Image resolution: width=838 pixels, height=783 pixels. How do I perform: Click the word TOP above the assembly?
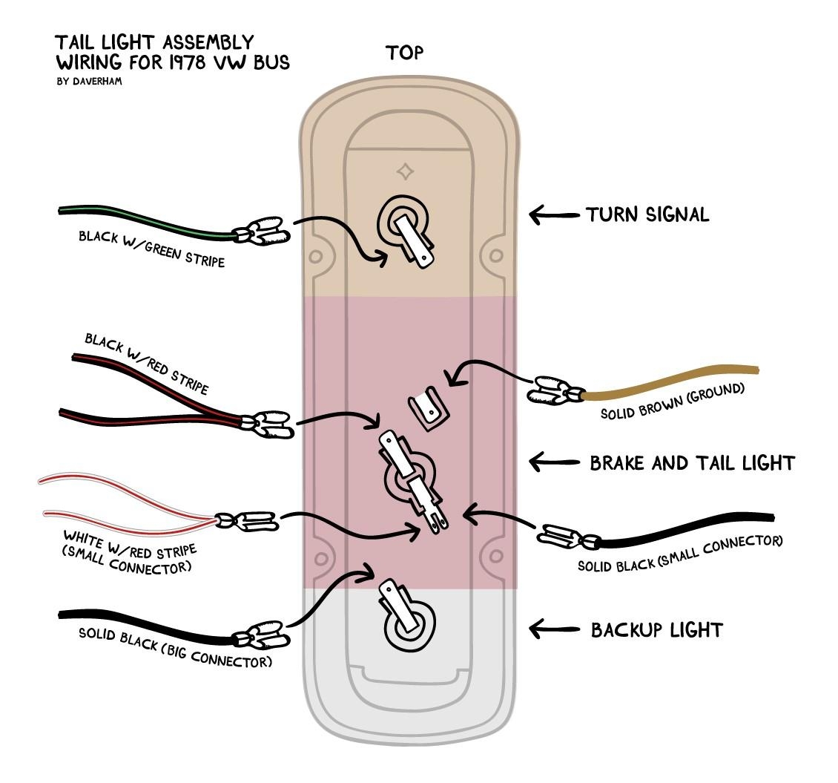click(404, 53)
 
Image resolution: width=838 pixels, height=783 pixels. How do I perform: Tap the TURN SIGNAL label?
click(647, 214)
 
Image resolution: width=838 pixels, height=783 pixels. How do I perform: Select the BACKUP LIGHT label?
click(656, 630)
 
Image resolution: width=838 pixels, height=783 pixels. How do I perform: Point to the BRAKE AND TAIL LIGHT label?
click(692, 463)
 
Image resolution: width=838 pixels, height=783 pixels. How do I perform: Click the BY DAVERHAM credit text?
click(89, 81)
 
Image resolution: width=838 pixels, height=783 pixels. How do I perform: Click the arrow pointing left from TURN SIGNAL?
click(553, 215)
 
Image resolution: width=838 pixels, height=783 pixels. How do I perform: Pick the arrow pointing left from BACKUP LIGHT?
click(553, 629)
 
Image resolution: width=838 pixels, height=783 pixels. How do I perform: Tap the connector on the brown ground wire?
click(554, 389)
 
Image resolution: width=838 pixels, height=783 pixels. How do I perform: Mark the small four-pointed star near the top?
click(405, 172)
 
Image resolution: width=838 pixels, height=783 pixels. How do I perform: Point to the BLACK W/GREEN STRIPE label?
click(151, 249)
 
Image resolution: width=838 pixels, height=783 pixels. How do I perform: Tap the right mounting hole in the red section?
click(495, 557)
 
